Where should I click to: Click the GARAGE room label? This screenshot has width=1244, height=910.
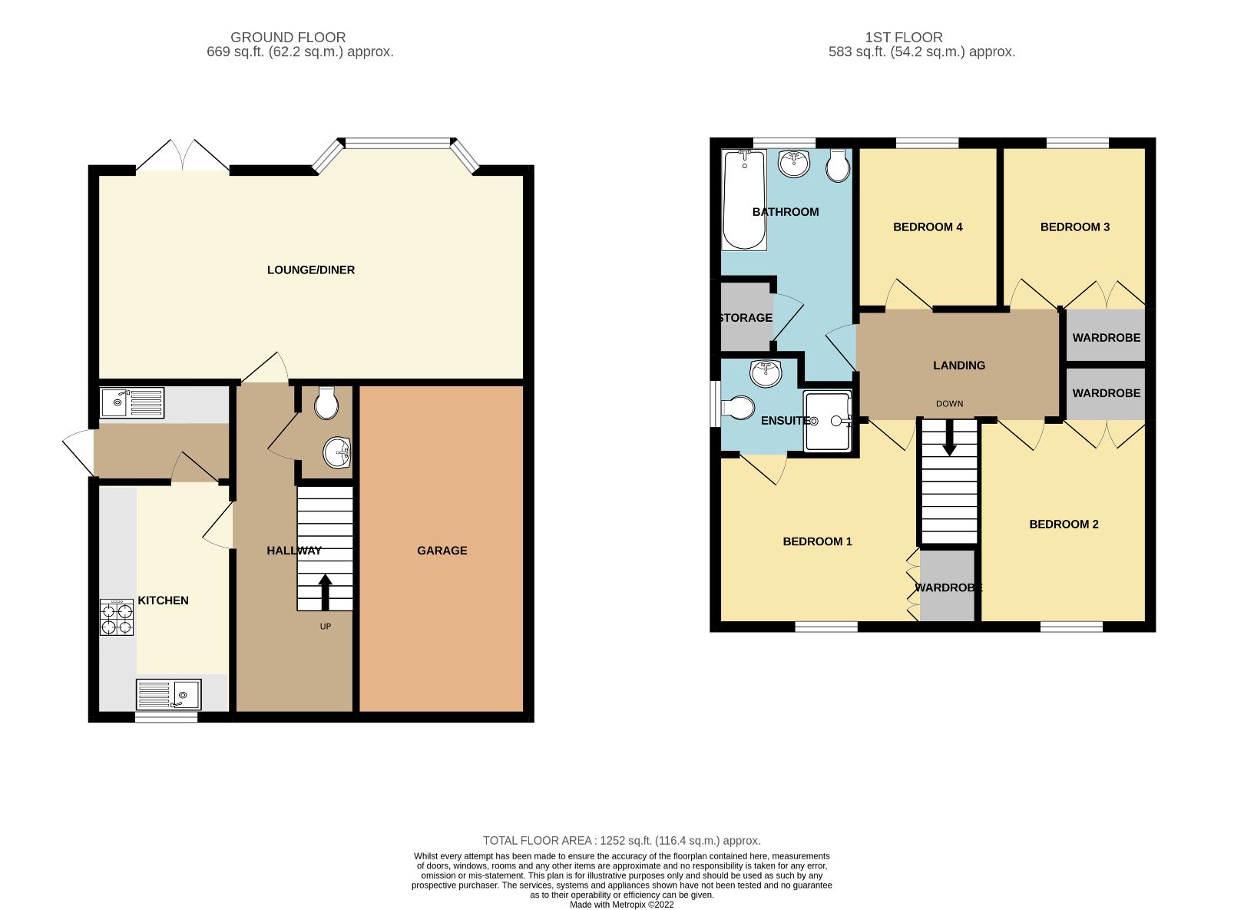[x=442, y=550]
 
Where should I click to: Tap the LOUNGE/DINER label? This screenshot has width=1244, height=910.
[x=310, y=270]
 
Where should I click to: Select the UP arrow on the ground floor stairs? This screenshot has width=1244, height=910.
[x=325, y=591]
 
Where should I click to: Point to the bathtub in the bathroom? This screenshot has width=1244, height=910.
[x=743, y=200]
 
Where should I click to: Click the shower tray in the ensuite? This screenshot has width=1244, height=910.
[x=827, y=421]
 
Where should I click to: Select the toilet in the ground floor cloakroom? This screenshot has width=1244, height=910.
[x=326, y=402]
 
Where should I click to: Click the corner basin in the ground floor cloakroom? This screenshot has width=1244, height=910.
[x=337, y=453]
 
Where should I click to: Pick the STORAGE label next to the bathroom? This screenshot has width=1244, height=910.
[x=745, y=317]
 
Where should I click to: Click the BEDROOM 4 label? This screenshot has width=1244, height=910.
[x=928, y=227]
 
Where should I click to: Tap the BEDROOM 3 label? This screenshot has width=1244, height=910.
[x=1074, y=227]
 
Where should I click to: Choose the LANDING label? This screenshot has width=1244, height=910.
[x=958, y=365]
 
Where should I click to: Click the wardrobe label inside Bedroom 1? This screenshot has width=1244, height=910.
[x=948, y=587]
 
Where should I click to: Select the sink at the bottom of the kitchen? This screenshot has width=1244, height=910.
[x=169, y=694]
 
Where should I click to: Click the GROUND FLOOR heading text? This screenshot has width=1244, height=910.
[x=288, y=37]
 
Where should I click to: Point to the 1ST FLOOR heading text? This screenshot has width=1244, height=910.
[x=903, y=37]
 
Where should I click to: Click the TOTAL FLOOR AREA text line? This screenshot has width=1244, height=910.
[x=621, y=840]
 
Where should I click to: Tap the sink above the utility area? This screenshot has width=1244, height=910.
[x=132, y=402]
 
